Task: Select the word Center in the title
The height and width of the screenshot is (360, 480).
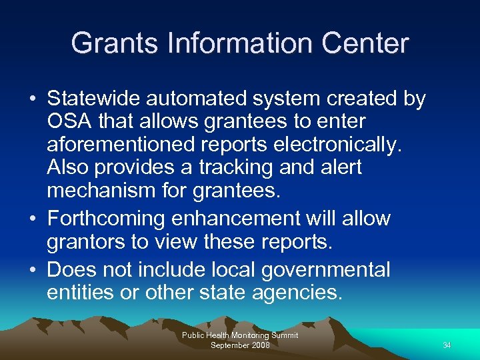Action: click(365, 43)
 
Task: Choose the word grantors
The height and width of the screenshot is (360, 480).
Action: click(86, 241)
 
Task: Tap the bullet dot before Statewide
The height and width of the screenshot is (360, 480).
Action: click(33, 99)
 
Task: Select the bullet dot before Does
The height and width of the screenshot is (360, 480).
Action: click(33, 270)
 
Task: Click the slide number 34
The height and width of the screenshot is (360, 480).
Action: click(447, 345)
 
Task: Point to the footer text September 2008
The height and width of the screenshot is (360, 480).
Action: click(239, 345)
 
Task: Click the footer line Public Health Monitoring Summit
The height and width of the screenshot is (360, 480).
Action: click(239, 335)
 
